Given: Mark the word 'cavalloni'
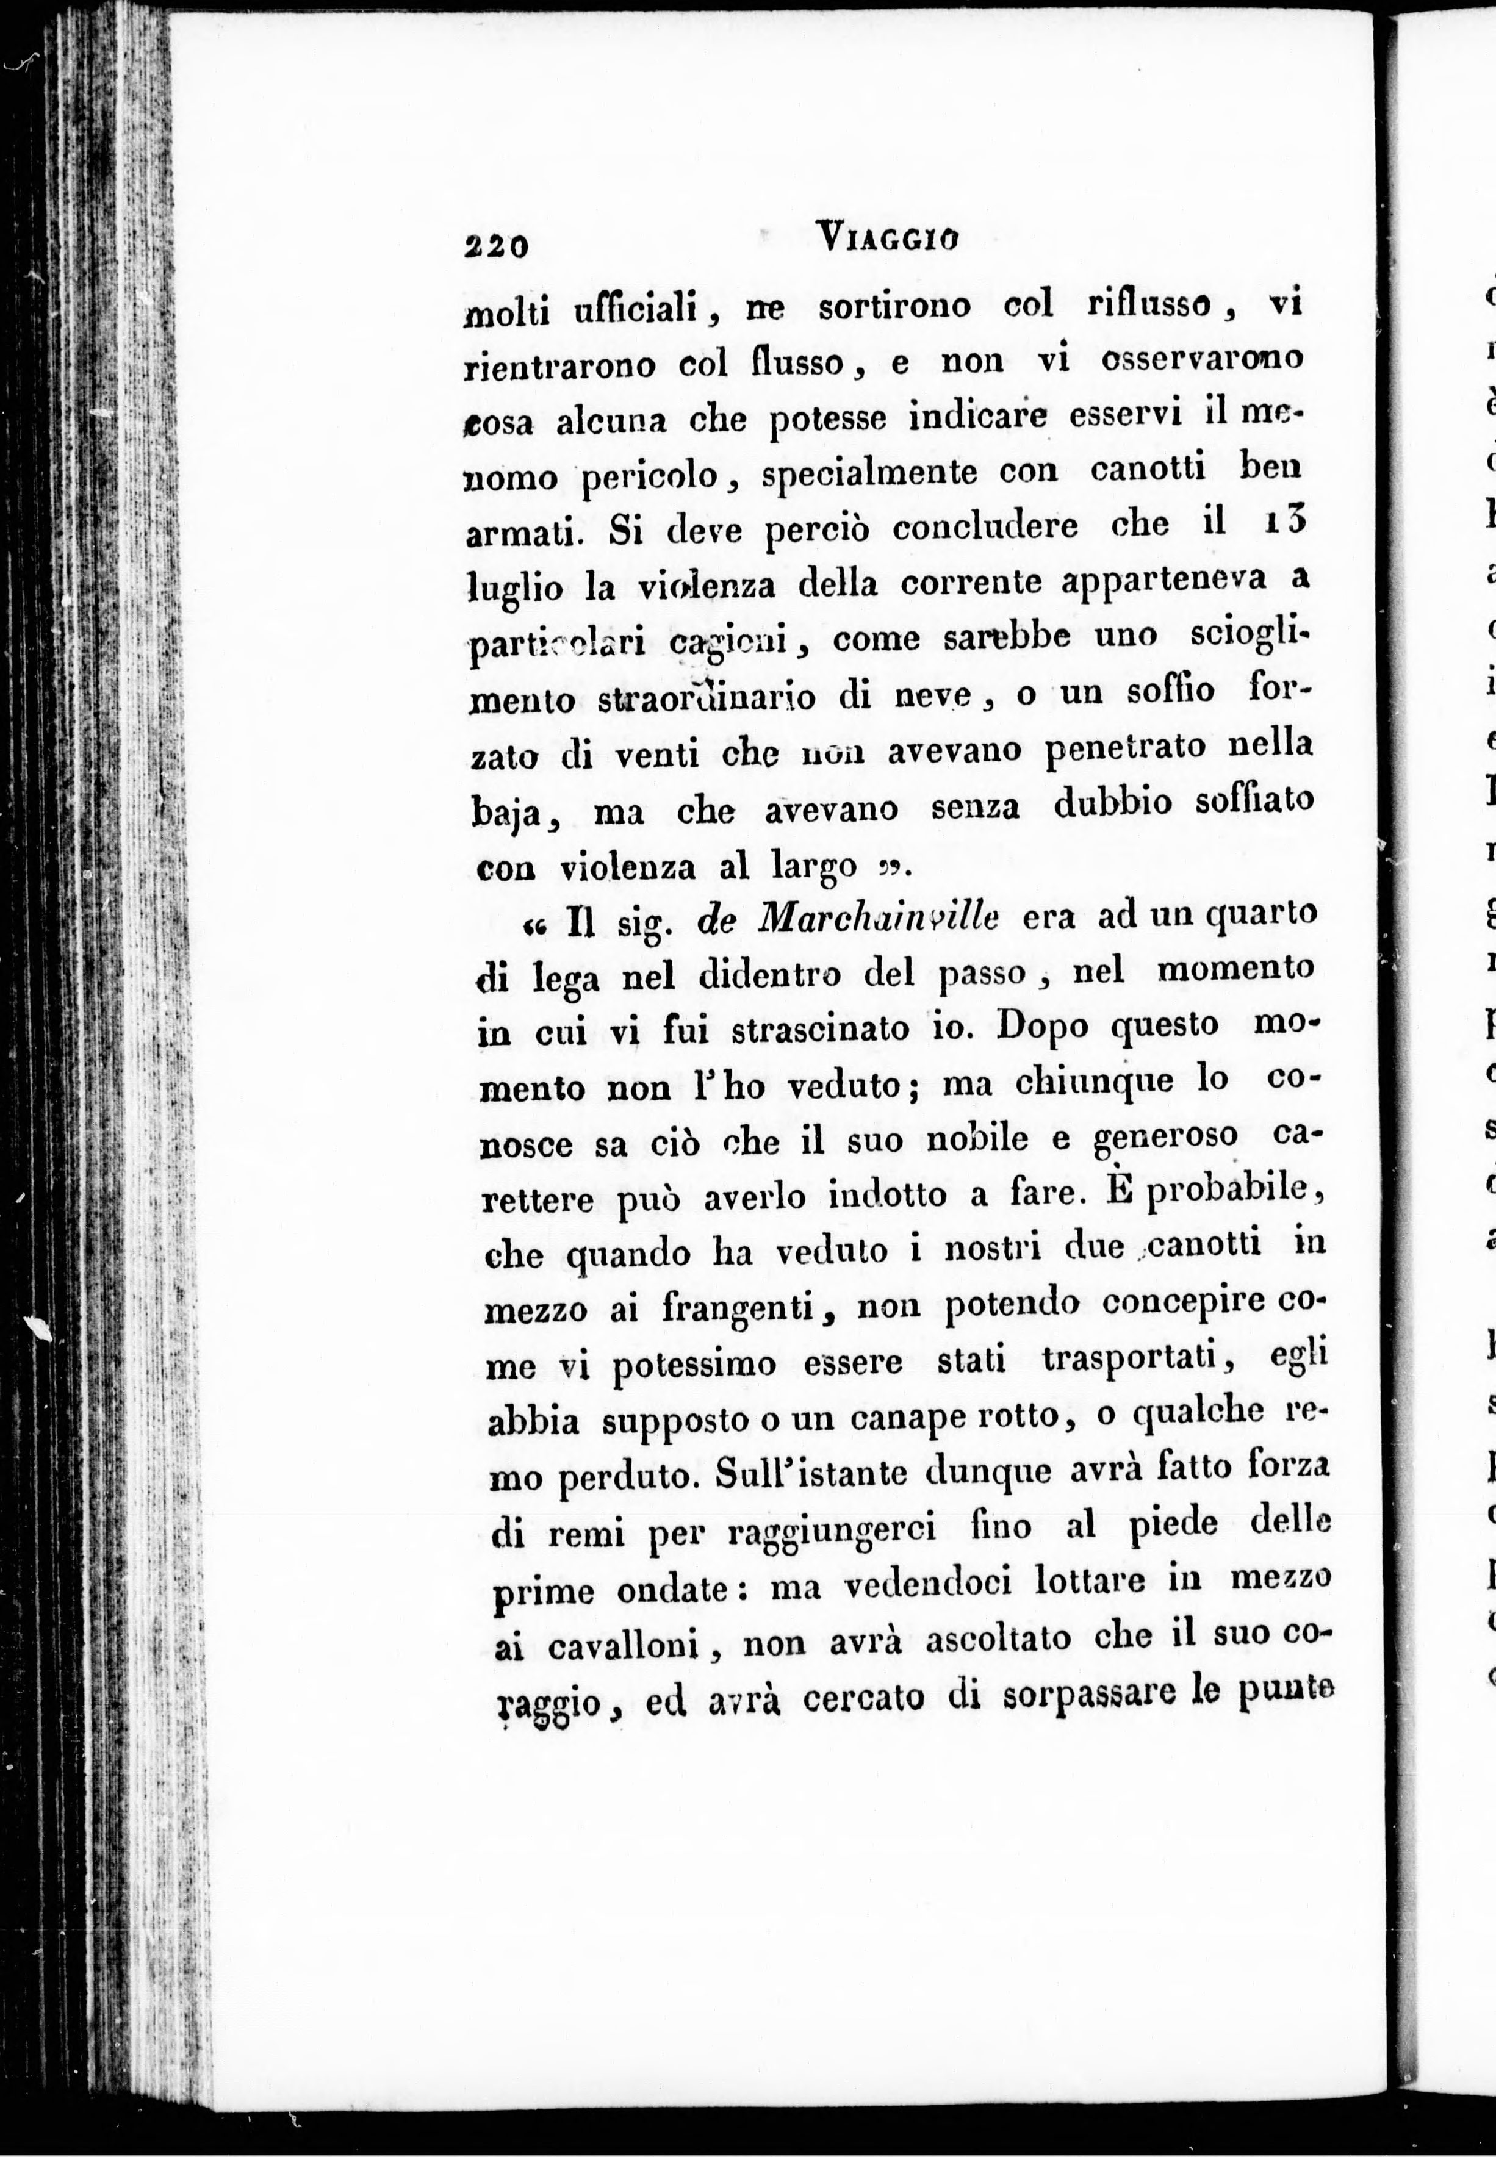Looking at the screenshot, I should pyautogui.click(x=625, y=1646).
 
